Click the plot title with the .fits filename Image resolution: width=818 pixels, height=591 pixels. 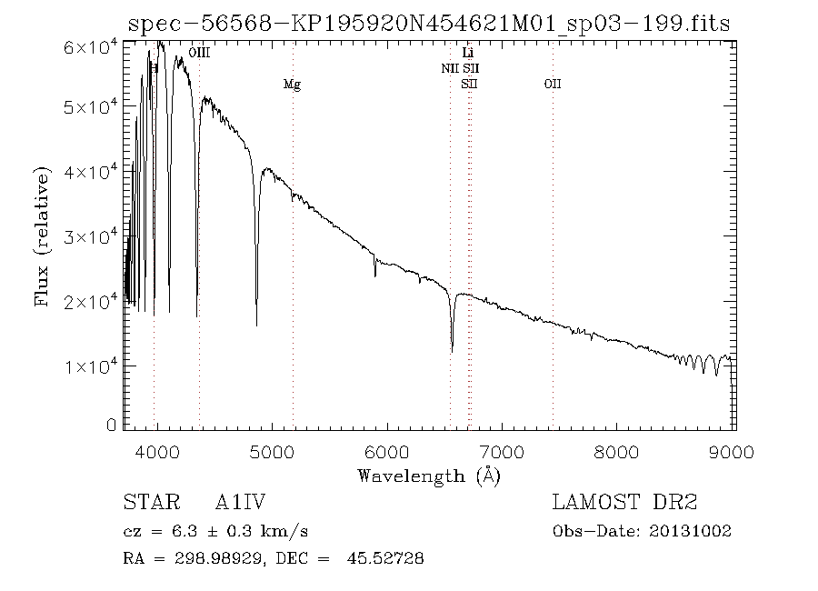(x=429, y=25)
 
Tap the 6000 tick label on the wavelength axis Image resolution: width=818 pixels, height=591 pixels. (x=388, y=452)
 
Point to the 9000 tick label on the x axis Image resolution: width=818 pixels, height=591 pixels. (x=734, y=452)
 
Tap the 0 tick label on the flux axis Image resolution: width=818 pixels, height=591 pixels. (x=112, y=426)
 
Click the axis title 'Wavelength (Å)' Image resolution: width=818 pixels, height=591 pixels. (x=429, y=476)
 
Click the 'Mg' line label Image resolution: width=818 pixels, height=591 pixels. (x=292, y=85)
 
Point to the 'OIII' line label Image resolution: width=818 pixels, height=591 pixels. (x=199, y=55)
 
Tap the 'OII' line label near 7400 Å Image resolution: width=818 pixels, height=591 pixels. (x=553, y=85)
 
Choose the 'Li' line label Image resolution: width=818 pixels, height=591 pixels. (x=468, y=55)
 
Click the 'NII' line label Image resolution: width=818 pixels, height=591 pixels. (x=451, y=69)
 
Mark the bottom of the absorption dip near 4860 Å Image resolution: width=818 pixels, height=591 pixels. (x=256, y=324)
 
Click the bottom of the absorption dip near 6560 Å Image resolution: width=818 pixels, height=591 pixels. (x=452, y=351)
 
